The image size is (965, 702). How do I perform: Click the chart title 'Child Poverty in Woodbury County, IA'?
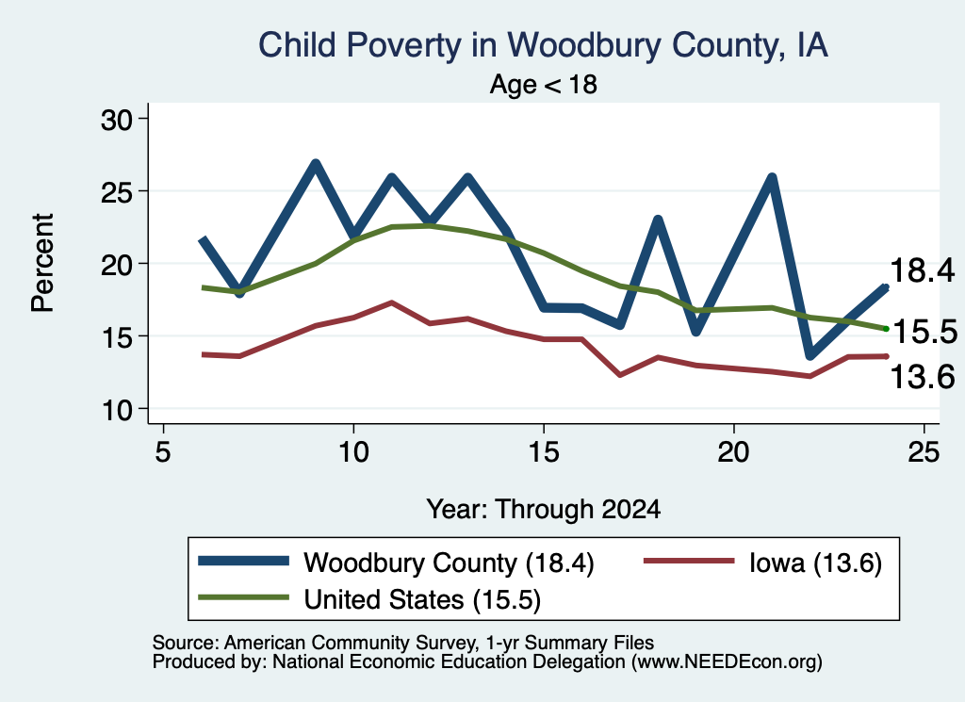tap(543, 45)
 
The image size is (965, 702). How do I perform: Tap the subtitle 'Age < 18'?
tap(544, 84)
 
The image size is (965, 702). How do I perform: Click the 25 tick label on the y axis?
tap(117, 192)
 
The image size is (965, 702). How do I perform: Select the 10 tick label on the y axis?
tap(117, 410)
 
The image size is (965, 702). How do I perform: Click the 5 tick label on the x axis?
tap(162, 452)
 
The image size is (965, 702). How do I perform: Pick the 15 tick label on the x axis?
tap(544, 452)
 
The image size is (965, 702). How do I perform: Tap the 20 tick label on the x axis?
tap(733, 452)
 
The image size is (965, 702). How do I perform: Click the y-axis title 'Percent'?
tap(43, 263)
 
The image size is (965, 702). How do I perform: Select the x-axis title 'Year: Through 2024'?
tap(544, 510)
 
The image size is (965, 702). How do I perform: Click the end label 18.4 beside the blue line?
tap(922, 270)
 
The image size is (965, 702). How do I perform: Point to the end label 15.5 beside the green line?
tap(924, 333)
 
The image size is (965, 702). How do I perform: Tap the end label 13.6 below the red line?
tap(922, 377)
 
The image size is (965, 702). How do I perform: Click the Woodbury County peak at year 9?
tap(315, 164)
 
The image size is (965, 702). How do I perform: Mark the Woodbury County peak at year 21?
tap(772, 178)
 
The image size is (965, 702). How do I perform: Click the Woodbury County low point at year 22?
tap(810, 355)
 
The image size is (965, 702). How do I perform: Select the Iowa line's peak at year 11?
tap(391, 302)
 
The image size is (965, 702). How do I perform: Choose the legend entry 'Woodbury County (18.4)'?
tap(397, 563)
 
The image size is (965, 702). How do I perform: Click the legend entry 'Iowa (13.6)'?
tap(762, 563)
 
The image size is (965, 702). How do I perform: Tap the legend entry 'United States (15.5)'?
tap(369, 600)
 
